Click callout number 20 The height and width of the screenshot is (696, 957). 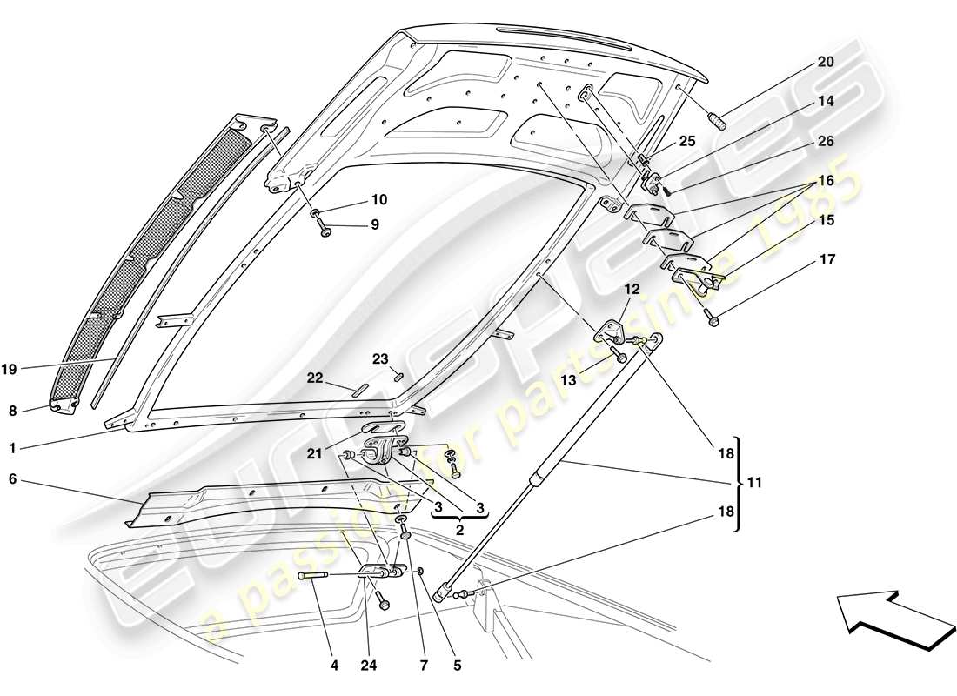[x=824, y=62]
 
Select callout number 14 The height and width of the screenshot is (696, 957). [x=825, y=101]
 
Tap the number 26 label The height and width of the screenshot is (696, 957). [x=825, y=141]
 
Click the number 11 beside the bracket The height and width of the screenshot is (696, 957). [x=754, y=481]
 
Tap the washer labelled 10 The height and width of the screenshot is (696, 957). [x=313, y=213]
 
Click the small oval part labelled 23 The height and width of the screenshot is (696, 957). [x=399, y=376]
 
